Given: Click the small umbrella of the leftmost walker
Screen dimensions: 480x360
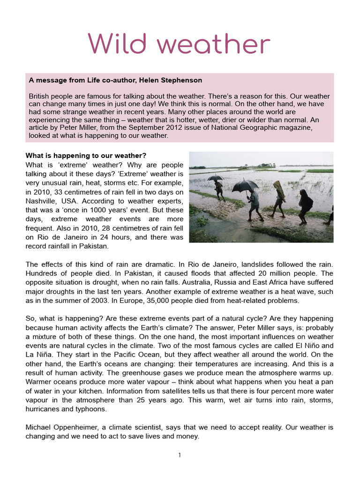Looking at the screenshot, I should pos(215,178).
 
